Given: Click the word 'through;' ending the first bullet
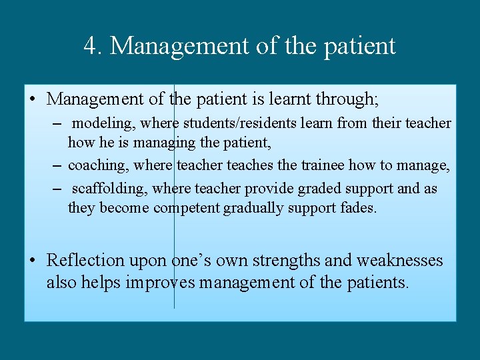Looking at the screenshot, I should pos(348,99).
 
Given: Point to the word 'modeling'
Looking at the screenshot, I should pos(99,123).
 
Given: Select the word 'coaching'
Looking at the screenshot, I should pos(94,165).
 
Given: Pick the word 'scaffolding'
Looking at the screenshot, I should pos(107,189).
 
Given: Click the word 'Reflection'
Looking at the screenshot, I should pos(86,260).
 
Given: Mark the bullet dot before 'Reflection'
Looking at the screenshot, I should pos(33,260).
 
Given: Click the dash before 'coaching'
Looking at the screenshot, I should pos(58,165).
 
